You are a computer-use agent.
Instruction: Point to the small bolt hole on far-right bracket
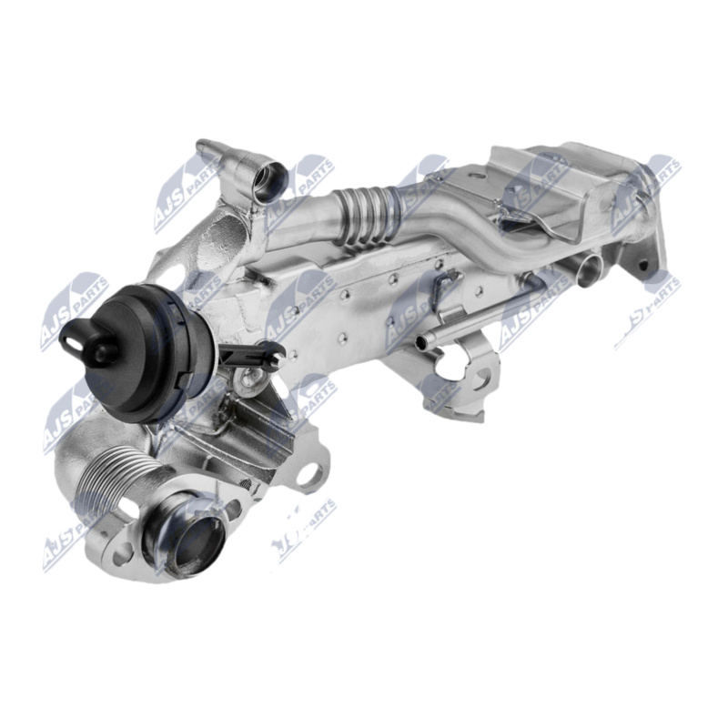coord(643,267)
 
